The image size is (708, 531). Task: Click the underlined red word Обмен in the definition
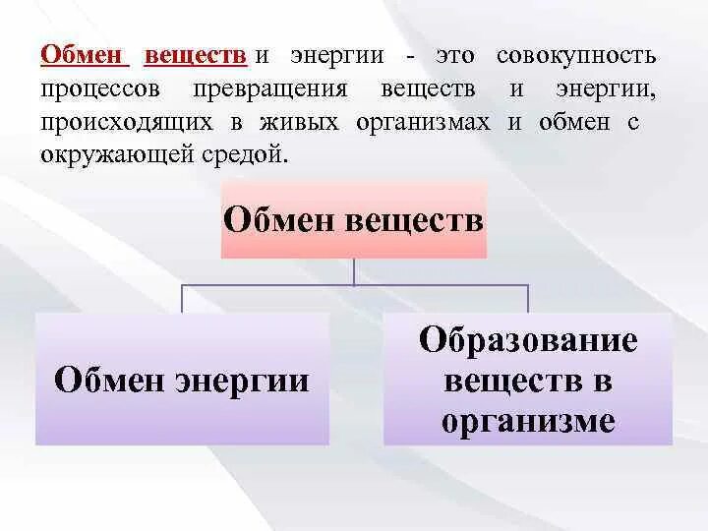(x=84, y=55)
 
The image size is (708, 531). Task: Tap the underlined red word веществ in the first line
(x=195, y=55)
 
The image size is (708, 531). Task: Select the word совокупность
(x=576, y=55)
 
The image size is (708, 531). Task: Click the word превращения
(x=285, y=89)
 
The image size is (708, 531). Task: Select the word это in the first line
(x=456, y=55)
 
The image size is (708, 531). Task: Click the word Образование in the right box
(x=528, y=341)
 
